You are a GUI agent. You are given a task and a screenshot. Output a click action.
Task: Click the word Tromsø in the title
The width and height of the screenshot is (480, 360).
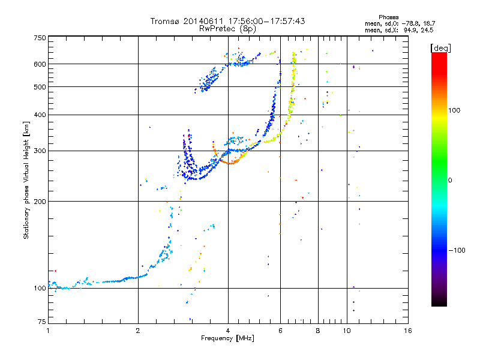164,22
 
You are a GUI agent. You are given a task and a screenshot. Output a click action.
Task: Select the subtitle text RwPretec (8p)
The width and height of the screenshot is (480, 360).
227,29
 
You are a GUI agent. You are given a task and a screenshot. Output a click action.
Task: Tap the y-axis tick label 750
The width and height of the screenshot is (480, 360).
40,38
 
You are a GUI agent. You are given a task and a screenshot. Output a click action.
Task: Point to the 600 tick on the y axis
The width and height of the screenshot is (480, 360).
40,64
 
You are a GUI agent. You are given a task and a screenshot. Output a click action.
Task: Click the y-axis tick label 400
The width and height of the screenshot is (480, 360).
40,115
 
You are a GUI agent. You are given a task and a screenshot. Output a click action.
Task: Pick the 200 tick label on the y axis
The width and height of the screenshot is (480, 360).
40,202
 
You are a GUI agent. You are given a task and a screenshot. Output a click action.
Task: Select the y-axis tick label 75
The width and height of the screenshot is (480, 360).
42,322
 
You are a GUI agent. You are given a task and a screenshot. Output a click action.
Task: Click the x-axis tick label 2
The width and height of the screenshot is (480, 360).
138,331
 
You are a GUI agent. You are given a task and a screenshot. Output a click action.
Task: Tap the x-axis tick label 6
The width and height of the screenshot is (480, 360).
280,331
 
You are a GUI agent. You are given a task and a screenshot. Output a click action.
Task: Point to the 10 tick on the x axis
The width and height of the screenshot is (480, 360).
347,331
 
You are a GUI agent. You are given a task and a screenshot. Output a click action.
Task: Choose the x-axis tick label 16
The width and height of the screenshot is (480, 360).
408,331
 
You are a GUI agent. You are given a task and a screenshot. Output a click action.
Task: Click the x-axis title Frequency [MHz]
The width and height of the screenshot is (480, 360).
227,338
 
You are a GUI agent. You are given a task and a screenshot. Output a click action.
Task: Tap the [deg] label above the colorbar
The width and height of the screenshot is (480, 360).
440,48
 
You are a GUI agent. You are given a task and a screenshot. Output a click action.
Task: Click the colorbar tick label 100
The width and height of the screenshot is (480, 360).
454,110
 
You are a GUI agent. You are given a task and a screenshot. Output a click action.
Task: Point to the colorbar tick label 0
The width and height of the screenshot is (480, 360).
450,181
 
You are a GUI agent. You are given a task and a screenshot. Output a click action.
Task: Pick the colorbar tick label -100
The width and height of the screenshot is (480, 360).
457,250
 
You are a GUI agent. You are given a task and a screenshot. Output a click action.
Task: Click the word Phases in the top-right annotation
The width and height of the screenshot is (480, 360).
388,17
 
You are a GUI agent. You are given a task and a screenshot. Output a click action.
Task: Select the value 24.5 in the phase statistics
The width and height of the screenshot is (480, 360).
427,30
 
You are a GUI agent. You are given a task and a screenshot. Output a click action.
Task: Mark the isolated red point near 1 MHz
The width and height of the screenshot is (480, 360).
55,271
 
